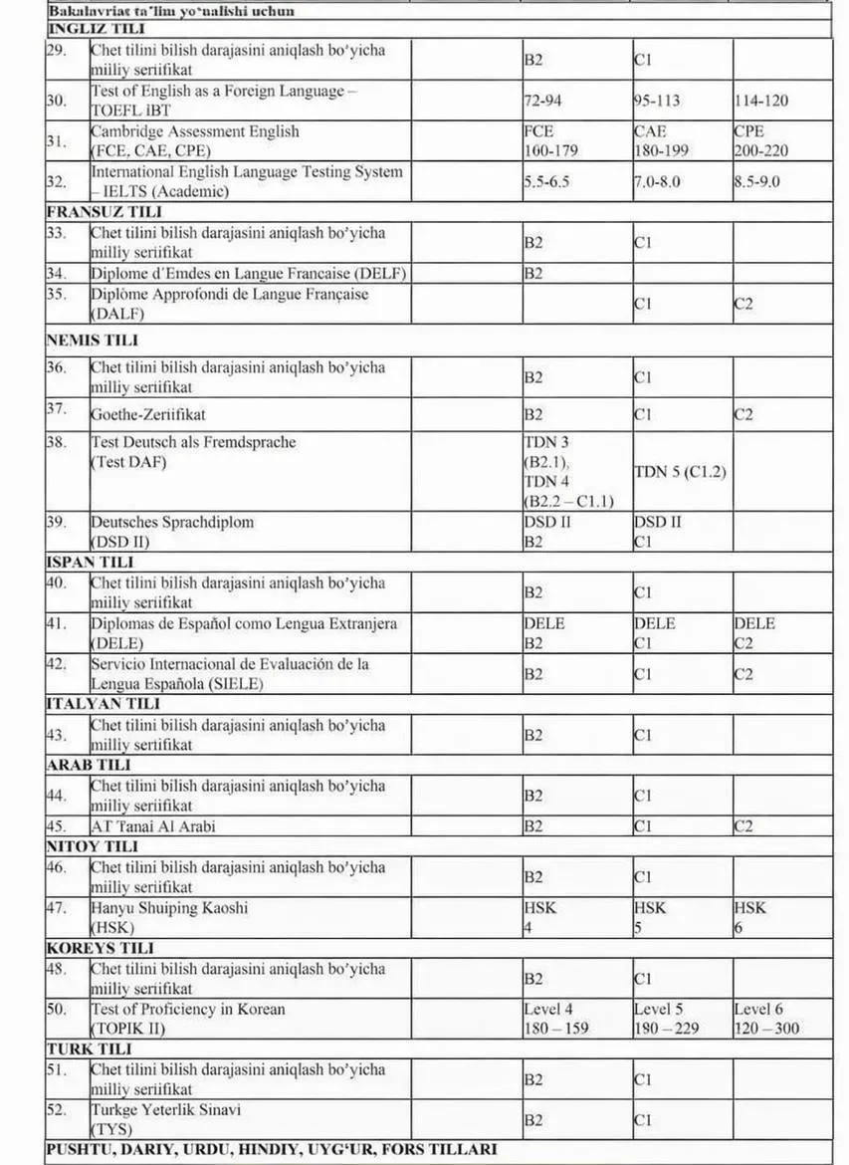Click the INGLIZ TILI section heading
[96, 29]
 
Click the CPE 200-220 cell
[764, 140]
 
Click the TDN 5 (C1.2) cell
[680, 472]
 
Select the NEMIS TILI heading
[93, 340]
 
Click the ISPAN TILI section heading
[90, 562]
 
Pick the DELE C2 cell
[756, 633]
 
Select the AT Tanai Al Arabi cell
[153, 825]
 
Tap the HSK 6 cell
[750, 917]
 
